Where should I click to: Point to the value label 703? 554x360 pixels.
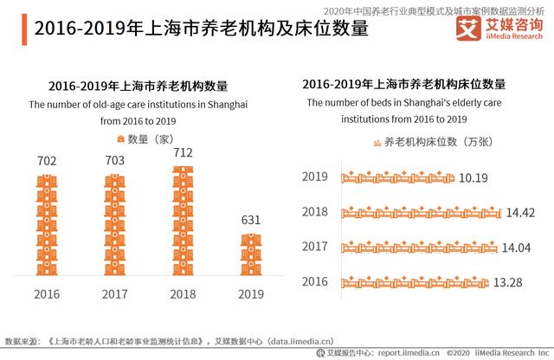click(x=114, y=160)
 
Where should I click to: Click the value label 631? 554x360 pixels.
click(x=250, y=220)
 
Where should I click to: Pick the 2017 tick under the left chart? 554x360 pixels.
click(x=114, y=294)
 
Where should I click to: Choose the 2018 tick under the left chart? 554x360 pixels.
click(x=182, y=294)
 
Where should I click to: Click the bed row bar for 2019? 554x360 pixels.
click(x=397, y=177)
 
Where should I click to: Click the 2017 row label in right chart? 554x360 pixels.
click(x=315, y=247)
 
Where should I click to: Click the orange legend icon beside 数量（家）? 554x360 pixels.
click(x=120, y=138)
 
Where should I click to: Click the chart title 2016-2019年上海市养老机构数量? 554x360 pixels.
click(x=138, y=86)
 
